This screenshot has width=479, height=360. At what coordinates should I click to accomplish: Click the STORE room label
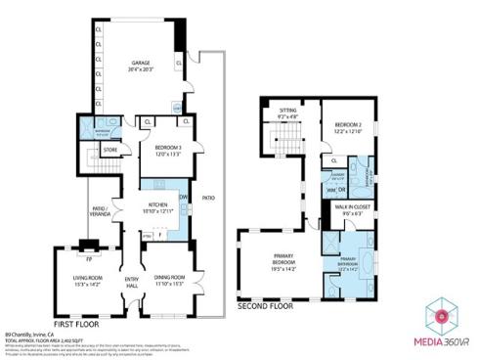click(x=110, y=150)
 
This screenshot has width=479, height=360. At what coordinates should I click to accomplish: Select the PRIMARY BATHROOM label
click(x=353, y=263)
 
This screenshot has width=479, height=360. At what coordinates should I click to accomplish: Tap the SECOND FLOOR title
click(x=266, y=306)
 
